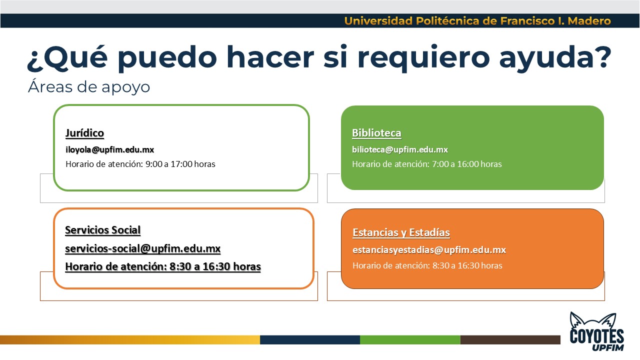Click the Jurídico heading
[84, 133]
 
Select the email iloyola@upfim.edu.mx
[109, 149]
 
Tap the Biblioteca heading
[376, 133]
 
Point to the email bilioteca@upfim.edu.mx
[400, 149]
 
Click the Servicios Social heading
[103, 230]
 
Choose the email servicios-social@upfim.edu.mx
[143, 248]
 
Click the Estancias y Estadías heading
[401, 232]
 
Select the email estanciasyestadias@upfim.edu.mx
[429, 250]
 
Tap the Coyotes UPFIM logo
[597, 331]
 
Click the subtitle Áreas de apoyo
[89, 86]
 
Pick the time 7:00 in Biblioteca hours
[440, 164]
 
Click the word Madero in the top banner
[589, 21]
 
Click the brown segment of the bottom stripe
[510, 339]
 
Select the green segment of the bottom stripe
[410, 339]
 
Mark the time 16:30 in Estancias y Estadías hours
[468, 265]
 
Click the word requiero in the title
[423, 58]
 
